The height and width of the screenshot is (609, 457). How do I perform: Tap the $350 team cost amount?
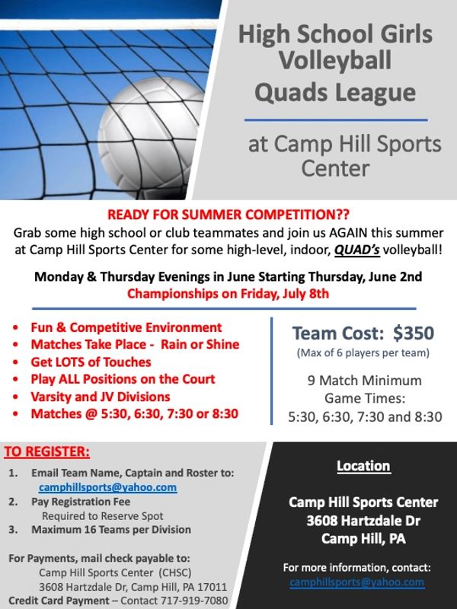(414, 333)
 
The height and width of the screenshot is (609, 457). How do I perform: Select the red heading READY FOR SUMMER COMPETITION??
(228, 215)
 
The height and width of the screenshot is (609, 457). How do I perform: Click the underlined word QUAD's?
(356, 250)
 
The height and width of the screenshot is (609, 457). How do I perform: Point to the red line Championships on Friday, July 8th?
(228, 293)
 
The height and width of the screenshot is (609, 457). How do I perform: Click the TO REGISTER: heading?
(47, 451)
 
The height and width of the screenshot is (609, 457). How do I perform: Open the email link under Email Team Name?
(107, 487)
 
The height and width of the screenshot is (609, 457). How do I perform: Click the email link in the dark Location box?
(356, 582)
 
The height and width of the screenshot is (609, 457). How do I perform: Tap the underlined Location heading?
(363, 466)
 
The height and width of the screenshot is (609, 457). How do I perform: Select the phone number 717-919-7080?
(194, 601)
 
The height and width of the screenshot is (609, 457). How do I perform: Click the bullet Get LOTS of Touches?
(91, 362)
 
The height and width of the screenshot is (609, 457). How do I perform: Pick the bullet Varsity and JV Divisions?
(101, 397)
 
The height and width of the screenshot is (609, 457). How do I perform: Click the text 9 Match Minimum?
(365, 380)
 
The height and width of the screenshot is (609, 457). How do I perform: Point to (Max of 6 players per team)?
(363, 353)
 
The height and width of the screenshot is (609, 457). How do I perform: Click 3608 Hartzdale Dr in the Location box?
(363, 521)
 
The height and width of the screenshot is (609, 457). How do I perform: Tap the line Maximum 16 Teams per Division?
(111, 530)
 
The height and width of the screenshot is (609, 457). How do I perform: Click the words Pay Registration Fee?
(81, 502)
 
